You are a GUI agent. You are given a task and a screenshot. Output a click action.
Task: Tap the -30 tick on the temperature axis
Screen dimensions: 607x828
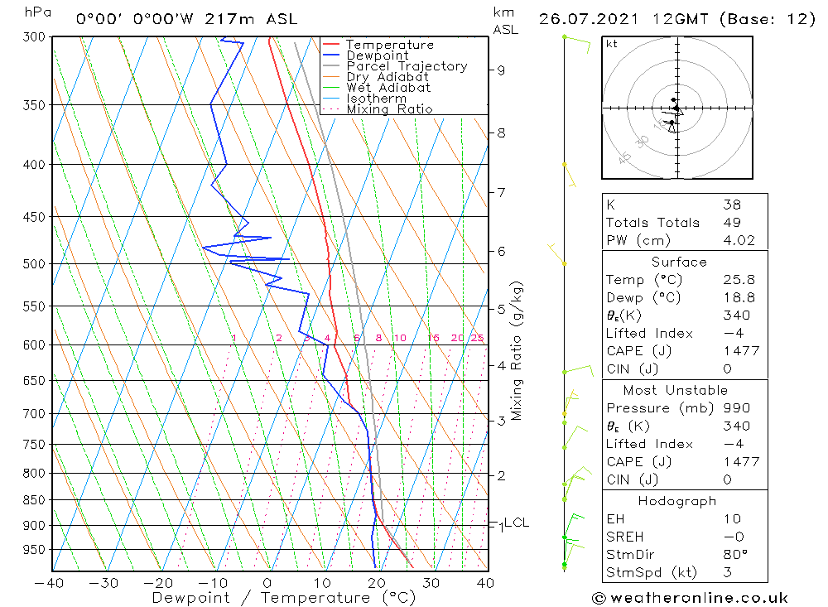(103, 583)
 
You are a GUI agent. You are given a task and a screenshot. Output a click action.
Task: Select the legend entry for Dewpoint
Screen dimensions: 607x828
(377, 55)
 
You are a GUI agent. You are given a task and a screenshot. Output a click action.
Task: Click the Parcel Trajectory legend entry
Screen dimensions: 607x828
(407, 66)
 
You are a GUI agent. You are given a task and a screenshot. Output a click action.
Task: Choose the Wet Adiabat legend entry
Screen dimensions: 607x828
(388, 88)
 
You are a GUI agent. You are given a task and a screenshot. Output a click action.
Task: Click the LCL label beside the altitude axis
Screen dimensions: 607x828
(517, 523)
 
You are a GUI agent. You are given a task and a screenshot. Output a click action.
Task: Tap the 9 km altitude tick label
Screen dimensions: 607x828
(501, 70)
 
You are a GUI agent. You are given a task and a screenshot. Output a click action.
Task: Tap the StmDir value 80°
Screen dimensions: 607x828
(734, 555)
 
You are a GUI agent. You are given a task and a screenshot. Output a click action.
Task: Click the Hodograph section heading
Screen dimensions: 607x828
(678, 501)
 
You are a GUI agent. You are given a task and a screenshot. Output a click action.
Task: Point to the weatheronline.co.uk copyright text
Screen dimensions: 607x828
(690, 597)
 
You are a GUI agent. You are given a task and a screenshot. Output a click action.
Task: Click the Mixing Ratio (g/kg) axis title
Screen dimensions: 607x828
(517, 350)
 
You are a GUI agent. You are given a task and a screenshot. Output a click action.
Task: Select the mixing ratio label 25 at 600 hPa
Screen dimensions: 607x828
(477, 338)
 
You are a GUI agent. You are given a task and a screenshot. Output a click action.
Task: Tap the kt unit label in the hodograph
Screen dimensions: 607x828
(611, 44)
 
